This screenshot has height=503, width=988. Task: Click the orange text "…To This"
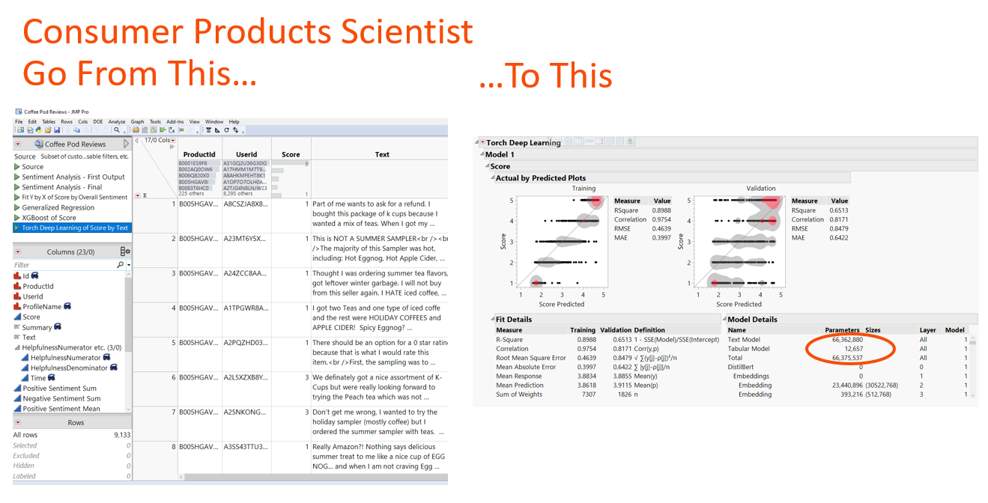point(545,75)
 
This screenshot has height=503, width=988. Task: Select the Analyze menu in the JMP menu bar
point(117,121)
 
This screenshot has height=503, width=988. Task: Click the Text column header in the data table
point(382,154)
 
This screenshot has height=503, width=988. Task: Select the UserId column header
point(246,154)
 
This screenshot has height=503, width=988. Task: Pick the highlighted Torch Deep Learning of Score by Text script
point(75,228)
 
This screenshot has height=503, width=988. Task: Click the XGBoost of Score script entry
point(49,218)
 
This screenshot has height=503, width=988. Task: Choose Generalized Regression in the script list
point(58,207)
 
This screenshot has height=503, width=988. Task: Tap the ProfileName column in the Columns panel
point(42,307)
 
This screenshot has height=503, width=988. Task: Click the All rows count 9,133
point(120,435)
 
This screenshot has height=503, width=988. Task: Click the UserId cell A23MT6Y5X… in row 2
point(244,238)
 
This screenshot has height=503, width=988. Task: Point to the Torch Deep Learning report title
point(524,142)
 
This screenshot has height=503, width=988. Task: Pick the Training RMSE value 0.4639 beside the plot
point(661,228)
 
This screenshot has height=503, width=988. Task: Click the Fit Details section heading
point(514,320)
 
